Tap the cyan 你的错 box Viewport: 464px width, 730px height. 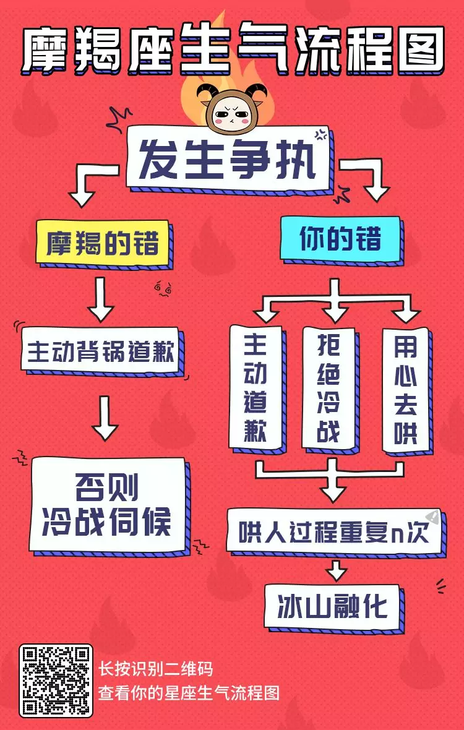340,239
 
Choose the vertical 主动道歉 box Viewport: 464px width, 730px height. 255,387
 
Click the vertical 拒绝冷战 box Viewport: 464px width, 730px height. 329,387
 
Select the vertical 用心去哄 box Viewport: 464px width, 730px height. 405,389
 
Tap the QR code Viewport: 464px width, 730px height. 56,681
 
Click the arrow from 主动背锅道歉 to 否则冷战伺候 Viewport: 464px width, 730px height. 105,418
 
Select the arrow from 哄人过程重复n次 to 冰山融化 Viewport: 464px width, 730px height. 336,570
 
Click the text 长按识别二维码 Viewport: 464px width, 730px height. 156,669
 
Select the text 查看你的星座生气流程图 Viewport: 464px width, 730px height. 189,692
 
